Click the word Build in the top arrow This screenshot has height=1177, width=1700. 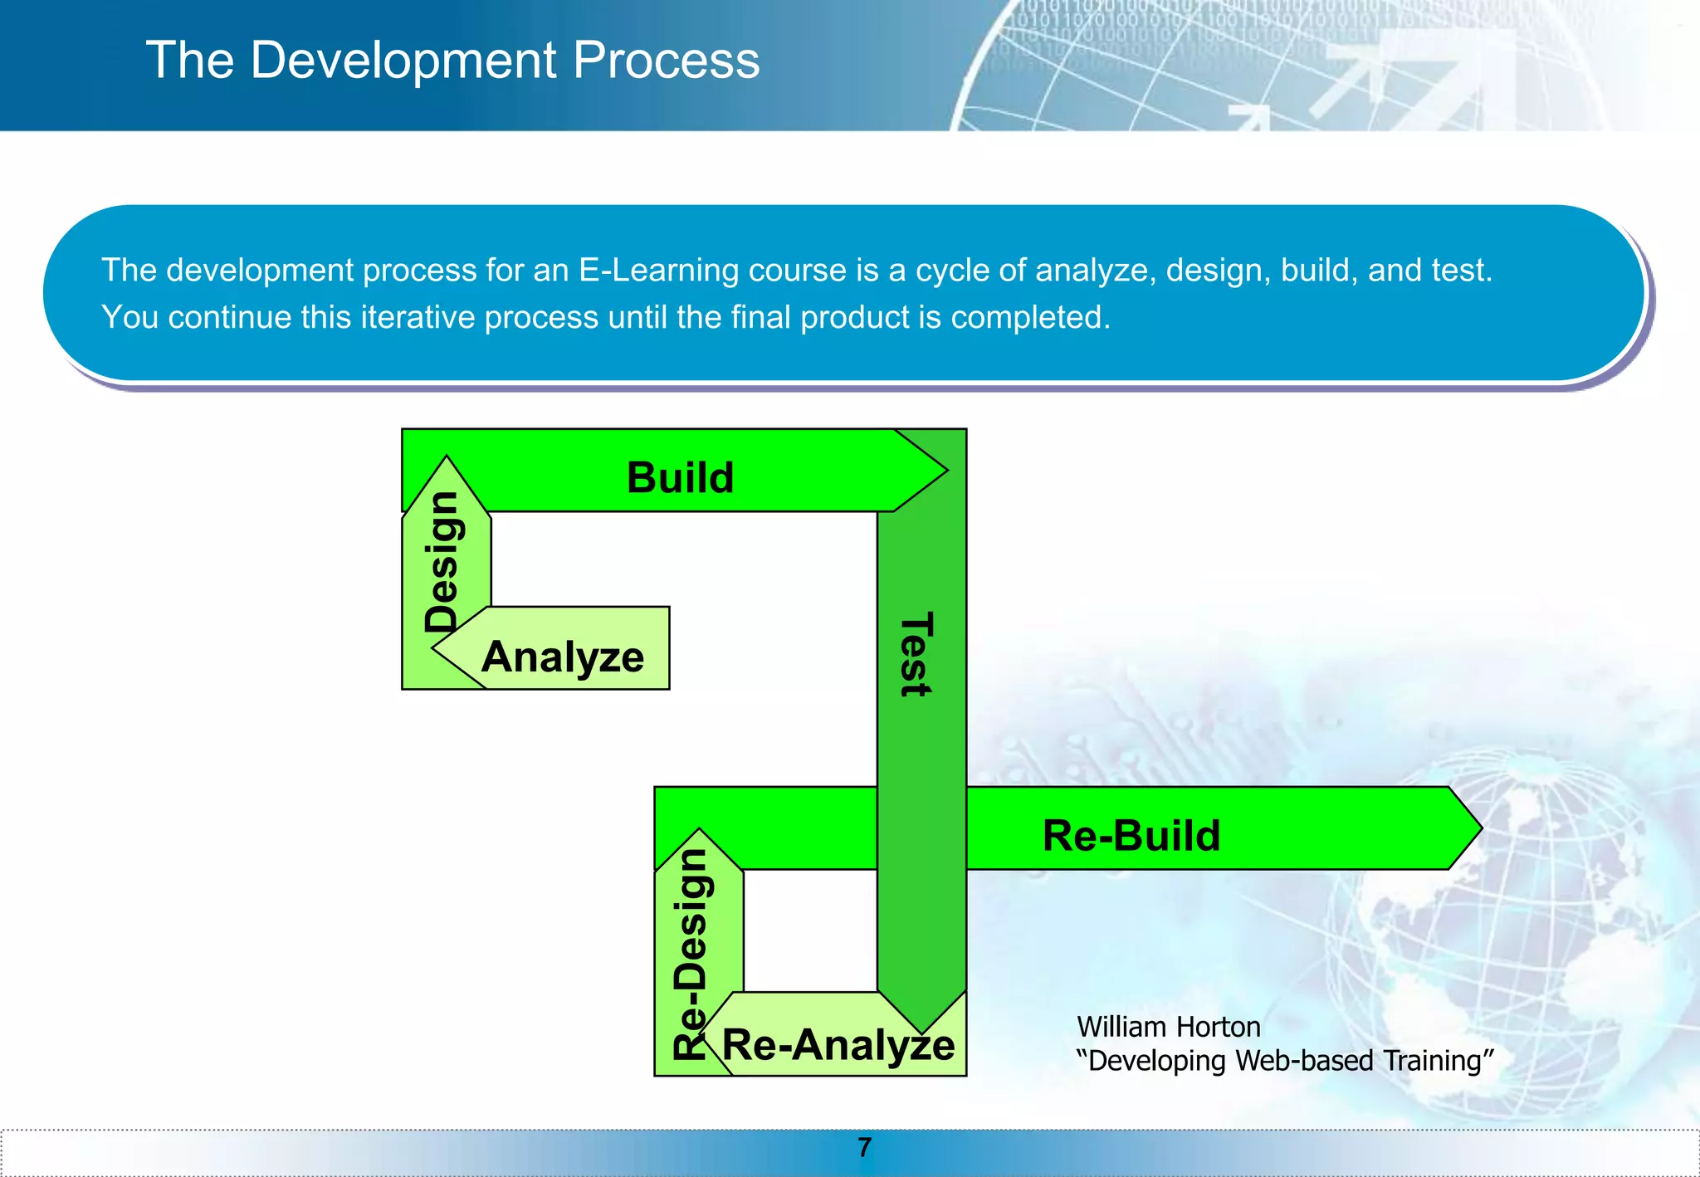680,478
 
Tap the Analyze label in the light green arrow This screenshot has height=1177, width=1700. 563,657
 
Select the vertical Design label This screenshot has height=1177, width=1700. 442,562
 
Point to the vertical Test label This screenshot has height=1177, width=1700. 916,654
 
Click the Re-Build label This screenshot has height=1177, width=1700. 1131,836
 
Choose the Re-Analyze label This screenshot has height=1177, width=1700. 838,1044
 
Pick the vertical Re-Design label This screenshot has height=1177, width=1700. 691,954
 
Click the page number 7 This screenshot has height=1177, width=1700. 864,1148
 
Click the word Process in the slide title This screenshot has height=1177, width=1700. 666,61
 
